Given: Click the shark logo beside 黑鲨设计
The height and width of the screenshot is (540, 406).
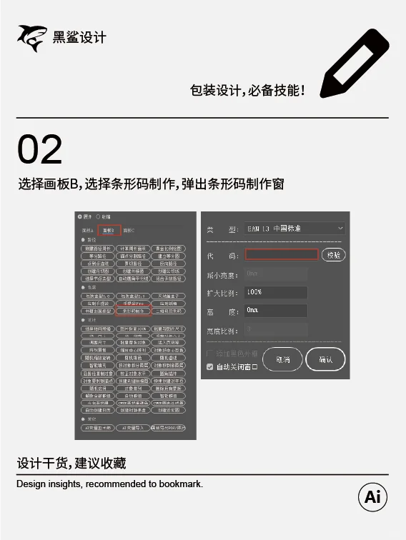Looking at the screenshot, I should [x=31, y=38].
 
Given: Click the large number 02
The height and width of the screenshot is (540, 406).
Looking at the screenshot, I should [x=40, y=149].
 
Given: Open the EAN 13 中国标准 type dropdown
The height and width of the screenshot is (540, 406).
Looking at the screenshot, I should [x=294, y=229].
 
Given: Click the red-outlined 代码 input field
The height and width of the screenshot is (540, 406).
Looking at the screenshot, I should [x=281, y=254].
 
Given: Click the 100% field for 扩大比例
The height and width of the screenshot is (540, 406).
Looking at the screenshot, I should [x=276, y=292].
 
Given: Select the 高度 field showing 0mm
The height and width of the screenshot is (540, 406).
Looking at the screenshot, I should [x=276, y=311].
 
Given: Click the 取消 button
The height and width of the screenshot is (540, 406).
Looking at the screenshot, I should [x=282, y=359].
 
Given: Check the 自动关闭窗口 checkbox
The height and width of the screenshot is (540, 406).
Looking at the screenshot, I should [x=209, y=366].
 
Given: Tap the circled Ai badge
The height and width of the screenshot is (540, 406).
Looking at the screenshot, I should [x=372, y=497].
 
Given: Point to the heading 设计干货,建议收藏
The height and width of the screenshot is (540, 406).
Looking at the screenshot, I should [x=71, y=463].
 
